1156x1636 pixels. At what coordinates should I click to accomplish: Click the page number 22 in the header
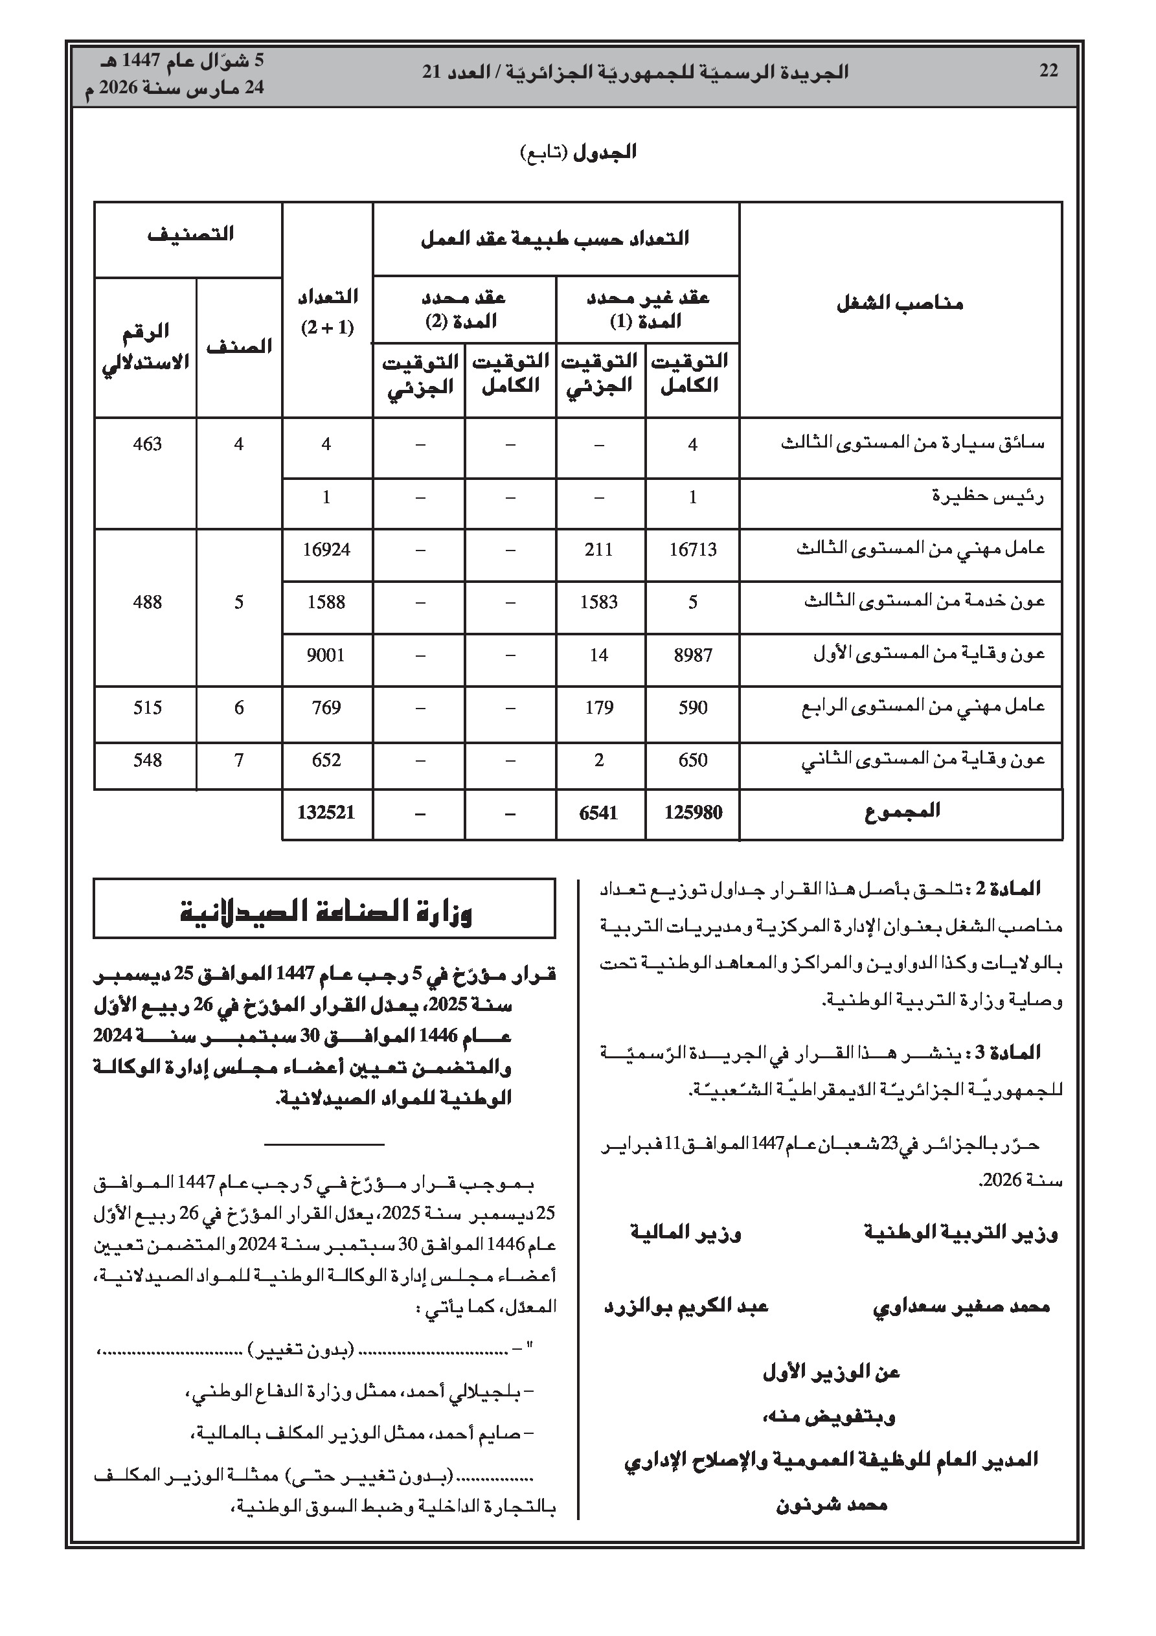(1048, 71)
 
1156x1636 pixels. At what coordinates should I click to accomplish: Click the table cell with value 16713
(693, 549)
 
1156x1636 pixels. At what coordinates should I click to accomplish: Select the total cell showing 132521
(326, 812)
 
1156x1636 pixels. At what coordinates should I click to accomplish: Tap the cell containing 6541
(598, 812)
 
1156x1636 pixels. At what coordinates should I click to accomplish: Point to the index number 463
(148, 444)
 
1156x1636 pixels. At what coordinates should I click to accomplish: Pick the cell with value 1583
(598, 602)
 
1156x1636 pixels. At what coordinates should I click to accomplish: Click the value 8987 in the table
(693, 655)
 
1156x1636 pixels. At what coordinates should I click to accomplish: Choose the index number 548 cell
(148, 760)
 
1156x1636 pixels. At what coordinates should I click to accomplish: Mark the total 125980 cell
(693, 812)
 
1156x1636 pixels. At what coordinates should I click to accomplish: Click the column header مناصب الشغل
(900, 304)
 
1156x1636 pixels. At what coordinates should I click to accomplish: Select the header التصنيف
(190, 234)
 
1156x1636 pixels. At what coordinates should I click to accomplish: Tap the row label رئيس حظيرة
(988, 497)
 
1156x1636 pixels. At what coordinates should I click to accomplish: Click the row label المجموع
(902, 811)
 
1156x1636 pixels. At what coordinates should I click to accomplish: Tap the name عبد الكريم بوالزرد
(686, 1306)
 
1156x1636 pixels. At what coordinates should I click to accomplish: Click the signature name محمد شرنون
(831, 1506)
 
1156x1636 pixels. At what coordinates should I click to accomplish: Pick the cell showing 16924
(326, 549)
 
